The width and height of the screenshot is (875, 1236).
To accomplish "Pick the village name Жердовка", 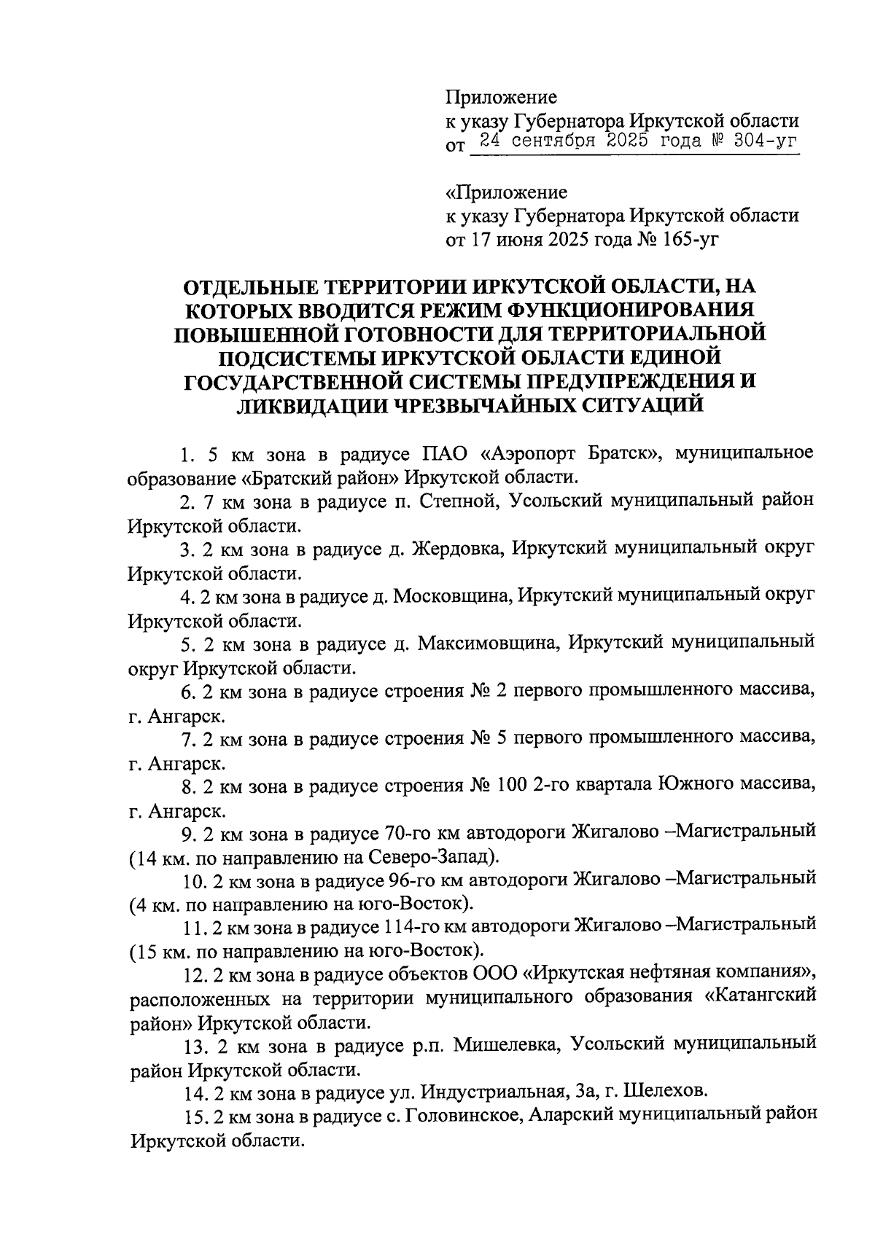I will tap(464, 549).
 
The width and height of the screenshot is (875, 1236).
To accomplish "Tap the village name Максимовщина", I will tap(496, 644).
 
